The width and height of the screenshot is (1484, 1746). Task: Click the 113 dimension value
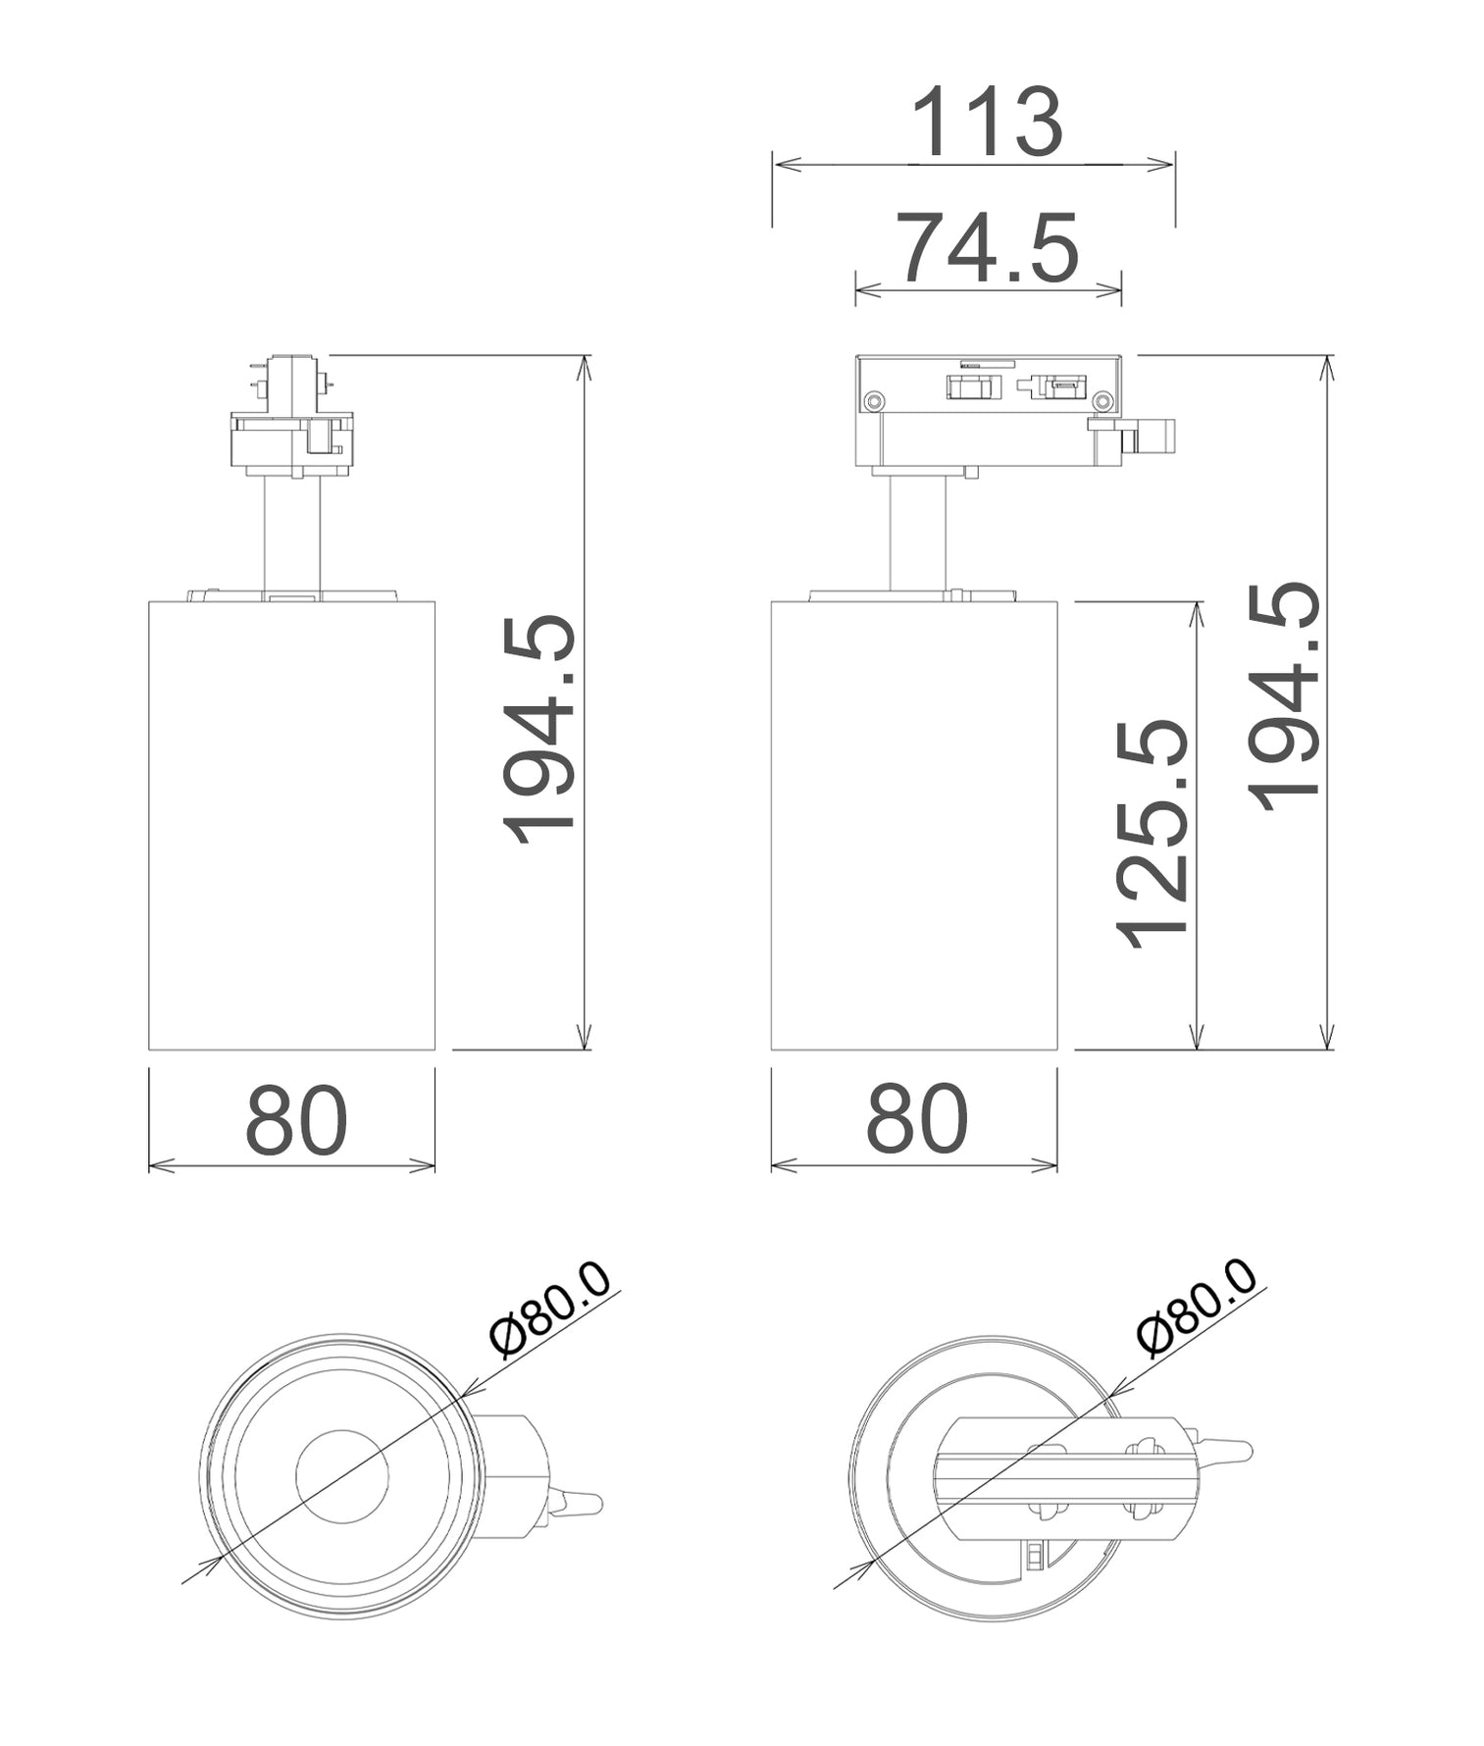pyautogui.click(x=986, y=124)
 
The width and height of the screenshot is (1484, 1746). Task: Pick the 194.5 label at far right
pyautogui.click(x=1285, y=695)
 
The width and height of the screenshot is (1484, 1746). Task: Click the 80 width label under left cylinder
pyautogui.click(x=295, y=1120)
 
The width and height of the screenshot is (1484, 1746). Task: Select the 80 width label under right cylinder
pyautogui.click(x=916, y=1120)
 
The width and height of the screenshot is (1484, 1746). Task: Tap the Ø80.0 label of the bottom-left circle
pyautogui.click(x=550, y=1309)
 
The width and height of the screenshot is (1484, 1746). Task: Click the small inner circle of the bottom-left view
pyautogui.click(x=342, y=1476)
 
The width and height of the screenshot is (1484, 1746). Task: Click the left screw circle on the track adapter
pyautogui.click(x=874, y=400)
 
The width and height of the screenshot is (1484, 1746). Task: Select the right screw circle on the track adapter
pyautogui.click(x=1102, y=400)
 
